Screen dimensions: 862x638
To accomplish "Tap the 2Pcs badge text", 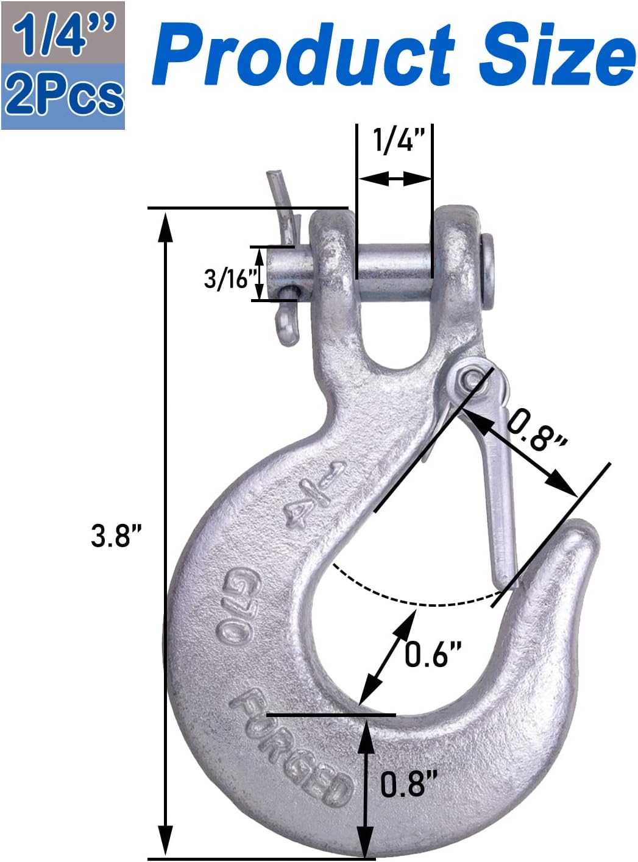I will point(63,96).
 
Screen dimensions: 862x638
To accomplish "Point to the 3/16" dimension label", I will point(229,278).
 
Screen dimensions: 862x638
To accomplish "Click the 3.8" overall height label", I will point(116,535).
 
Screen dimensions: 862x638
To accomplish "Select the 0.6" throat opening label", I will point(433,654).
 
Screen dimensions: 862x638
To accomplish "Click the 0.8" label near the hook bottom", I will point(409,783).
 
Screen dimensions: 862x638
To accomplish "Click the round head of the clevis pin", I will point(487,271).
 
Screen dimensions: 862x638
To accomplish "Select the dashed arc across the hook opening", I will point(420,603).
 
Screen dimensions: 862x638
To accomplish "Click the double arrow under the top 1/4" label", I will point(395,178).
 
